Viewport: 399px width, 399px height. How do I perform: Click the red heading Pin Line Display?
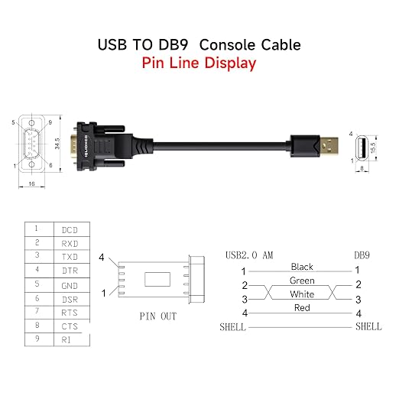199,63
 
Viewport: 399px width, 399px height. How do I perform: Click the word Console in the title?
227,45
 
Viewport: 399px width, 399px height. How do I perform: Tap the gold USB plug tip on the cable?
329,146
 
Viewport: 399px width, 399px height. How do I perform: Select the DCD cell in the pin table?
70,230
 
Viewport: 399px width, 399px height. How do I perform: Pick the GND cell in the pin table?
70,286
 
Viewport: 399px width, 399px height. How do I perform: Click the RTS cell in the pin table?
70,313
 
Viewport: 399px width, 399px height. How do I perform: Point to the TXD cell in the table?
70,257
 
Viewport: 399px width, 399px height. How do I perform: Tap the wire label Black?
302,267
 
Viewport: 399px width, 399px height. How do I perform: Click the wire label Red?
302,308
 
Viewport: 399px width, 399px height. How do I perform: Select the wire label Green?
302,281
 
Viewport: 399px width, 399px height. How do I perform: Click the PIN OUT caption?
158,316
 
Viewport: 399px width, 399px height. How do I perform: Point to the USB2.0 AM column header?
249,255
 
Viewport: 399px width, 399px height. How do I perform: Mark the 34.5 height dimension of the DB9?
57,144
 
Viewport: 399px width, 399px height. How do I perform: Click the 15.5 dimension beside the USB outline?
373,148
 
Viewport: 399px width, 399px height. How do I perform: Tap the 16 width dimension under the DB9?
31,183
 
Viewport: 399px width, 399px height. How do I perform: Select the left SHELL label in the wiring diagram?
233,327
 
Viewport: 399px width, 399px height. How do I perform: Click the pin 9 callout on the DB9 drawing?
50,122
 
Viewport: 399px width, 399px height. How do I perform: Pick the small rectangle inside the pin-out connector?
157,279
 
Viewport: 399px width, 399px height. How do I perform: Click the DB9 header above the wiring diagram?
362,255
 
